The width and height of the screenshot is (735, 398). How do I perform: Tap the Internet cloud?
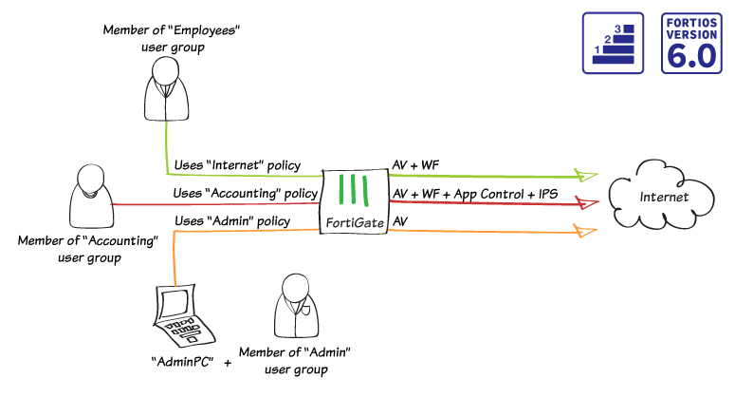(x=663, y=198)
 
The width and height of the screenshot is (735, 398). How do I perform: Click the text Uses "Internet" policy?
(x=236, y=165)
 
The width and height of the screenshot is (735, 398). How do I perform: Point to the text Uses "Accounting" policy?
(x=245, y=194)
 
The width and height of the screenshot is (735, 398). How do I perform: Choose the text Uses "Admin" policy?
(x=232, y=221)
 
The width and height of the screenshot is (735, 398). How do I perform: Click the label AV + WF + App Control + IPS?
(x=473, y=194)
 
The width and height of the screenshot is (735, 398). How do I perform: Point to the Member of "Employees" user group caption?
(x=171, y=39)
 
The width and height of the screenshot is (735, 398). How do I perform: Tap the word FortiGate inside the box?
(x=353, y=223)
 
